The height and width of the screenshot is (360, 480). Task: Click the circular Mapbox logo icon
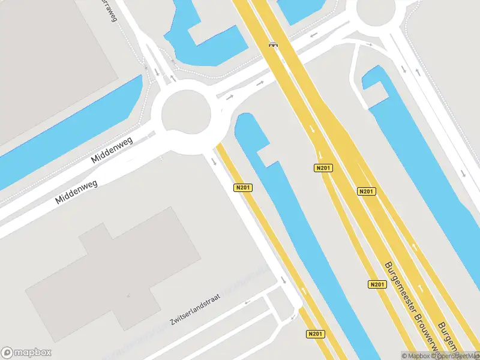click(x=7, y=353)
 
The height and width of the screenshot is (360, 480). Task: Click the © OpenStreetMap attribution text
click(x=457, y=356)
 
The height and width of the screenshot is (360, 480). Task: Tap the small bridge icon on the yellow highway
click(x=274, y=44)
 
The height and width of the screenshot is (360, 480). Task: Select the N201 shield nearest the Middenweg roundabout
click(x=243, y=188)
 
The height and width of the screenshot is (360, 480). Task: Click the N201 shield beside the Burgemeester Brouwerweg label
click(x=377, y=284)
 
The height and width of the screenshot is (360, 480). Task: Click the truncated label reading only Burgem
click(x=450, y=336)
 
